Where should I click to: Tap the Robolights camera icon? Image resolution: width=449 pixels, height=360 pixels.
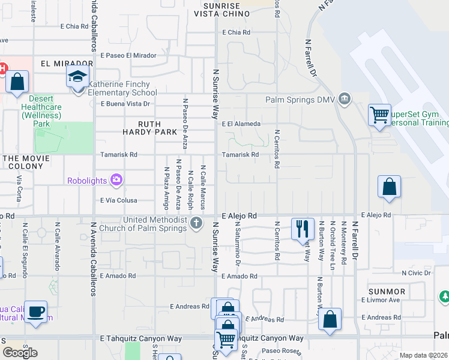pyautogui.click(x=116, y=180)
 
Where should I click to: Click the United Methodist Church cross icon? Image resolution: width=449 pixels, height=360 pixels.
pyautogui.click(x=196, y=224)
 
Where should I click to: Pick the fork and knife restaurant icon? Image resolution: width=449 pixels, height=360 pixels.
pyautogui.click(x=302, y=229)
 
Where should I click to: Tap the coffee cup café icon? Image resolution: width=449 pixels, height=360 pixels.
pyautogui.click(x=36, y=311)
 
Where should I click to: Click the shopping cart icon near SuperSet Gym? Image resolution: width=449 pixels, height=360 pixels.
pyautogui.click(x=379, y=114)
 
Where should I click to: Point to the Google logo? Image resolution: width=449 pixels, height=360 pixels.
pyautogui.click(x=20, y=353)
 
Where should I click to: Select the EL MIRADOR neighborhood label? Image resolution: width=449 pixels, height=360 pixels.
pyautogui.click(x=67, y=63)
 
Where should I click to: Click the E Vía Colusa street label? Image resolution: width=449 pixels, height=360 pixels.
pyautogui.click(x=119, y=200)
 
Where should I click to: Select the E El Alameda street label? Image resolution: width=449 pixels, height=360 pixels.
pyautogui.click(x=241, y=124)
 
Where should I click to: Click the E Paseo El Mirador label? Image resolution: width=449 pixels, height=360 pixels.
pyautogui.click(x=128, y=55)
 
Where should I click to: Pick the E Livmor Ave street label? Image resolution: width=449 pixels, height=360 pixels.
pyautogui.click(x=381, y=300)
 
